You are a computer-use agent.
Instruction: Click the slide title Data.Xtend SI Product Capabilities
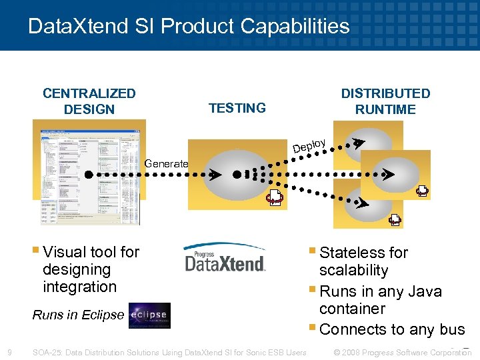tap(189, 26)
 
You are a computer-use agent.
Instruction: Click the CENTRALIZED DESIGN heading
tap(89, 101)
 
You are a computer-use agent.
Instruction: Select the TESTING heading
tap(237, 108)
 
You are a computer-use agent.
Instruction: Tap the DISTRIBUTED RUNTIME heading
tap(385, 101)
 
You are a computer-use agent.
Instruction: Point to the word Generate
tap(167, 163)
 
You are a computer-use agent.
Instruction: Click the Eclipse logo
tap(149, 315)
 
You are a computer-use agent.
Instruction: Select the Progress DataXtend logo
tap(225, 259)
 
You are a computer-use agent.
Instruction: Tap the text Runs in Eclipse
tap(79, 315)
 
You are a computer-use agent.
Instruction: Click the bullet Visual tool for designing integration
tap(91, 269)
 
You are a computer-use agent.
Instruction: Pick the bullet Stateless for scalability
tap(363, 261)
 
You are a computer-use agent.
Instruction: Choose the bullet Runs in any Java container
tap(380, 300)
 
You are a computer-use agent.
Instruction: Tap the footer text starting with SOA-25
tap(169, 352)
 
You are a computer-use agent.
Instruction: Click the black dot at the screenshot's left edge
tap(89, 175)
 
